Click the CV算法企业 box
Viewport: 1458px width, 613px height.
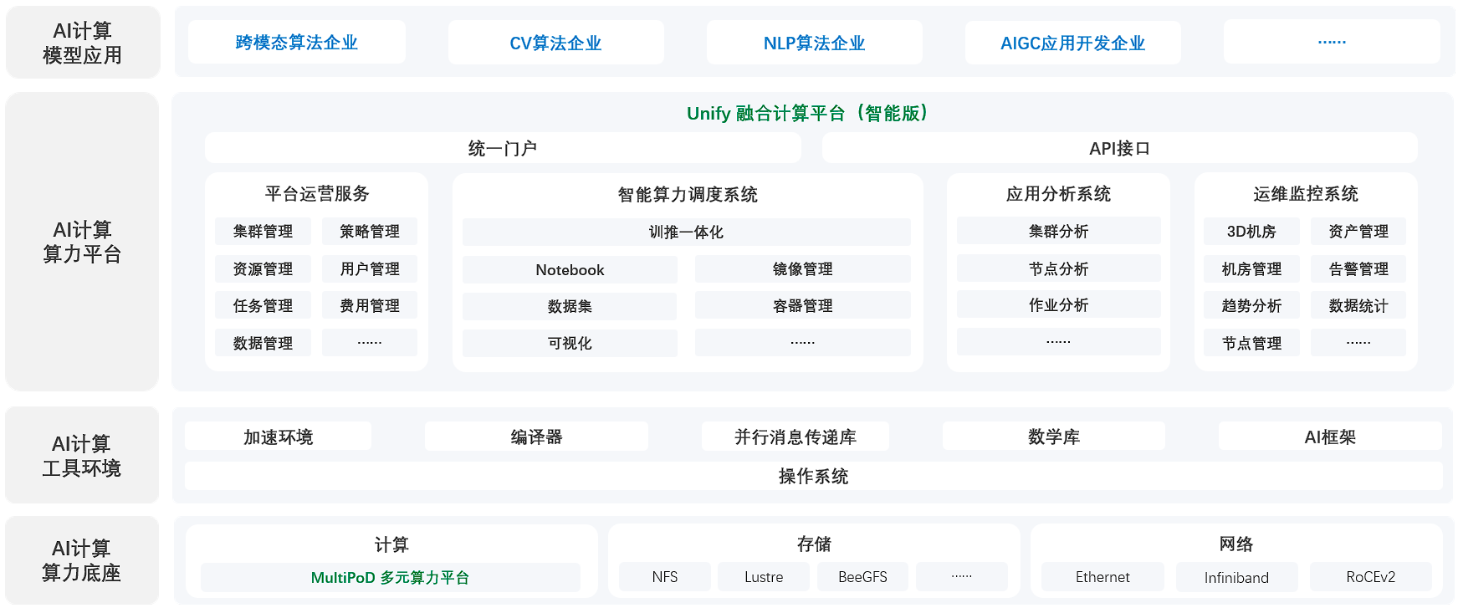tap(555, 43)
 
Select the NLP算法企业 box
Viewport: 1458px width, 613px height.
tap(814, 43)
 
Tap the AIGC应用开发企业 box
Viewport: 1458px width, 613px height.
tap(1072, 43)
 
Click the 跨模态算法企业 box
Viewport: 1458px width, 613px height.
tap(297, 43)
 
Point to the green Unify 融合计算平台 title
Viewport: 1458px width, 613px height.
tap(809, 113)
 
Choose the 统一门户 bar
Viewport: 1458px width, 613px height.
tap(503, 148)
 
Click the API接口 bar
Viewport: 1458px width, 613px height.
tap(1119, 148)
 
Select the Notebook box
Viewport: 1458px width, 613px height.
tap(570, 269)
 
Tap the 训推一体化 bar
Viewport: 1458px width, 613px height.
tap(686, 232)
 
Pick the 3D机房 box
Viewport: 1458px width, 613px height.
tap(1251, 232)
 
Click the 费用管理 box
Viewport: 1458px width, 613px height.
tap(370, 306)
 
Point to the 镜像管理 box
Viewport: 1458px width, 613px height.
tap(802, 269)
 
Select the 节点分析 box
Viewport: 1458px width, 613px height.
tap(1058, 268)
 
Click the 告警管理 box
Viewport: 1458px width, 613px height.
tap(1358, 269)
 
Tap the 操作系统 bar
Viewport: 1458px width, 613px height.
tap(813, 476)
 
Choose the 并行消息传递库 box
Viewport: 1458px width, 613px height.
tap(796, 437)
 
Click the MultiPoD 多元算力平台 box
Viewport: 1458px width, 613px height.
tap(391, 577)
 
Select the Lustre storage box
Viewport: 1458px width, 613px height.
tap(764, 577)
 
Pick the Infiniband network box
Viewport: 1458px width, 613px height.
tap(1236, 577)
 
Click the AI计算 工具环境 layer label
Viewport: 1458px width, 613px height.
tap(82, 456)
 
